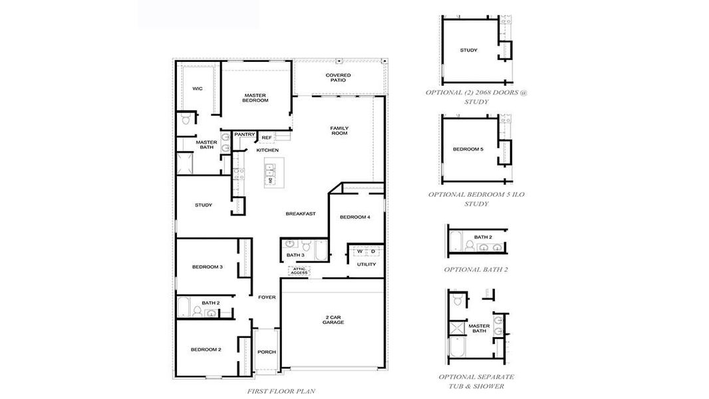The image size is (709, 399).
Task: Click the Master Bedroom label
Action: tap(255, 98)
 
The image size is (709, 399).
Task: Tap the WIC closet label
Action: tap(197, 88)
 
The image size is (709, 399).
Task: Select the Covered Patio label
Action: tap(338, 78)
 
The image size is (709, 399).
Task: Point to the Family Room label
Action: tap(339, 130)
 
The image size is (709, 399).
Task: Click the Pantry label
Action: tap(244, 134)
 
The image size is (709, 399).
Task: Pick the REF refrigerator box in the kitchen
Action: tap(266, 138)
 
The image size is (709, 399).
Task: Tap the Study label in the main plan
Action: tap(203, 205)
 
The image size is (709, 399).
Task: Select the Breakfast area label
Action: tap(300, 213)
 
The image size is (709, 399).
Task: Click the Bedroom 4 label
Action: tap(354, 217)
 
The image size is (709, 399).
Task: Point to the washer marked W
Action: tap(360, 251)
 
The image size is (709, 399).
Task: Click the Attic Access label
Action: tap(299, 271)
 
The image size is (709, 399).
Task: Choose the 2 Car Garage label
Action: tap(333, 319)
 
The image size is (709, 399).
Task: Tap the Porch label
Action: tap(267, 352)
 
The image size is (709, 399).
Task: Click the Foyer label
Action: tap(267, 297)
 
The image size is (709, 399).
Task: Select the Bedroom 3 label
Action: tap(207, 267)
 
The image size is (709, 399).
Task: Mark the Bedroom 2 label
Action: tap(206, 349)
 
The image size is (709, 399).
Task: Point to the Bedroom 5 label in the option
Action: tap(468, 149)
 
